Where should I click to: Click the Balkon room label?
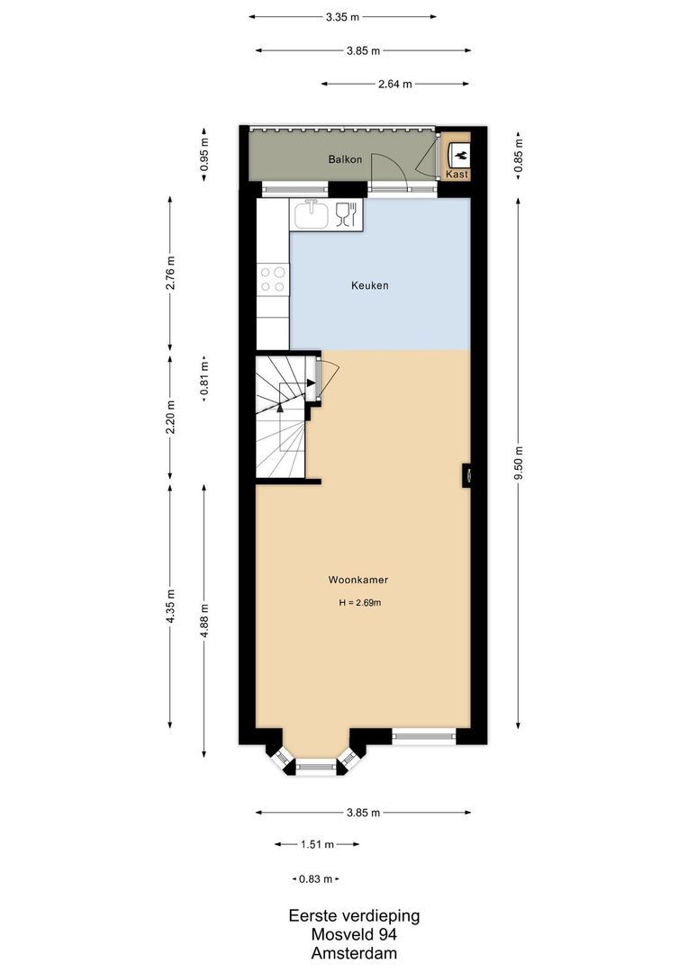[x=346, y=159]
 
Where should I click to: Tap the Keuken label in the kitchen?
[x=369, y=285]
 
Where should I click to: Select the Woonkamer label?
[x=358, y=580]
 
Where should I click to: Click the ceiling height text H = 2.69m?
[x=359, y=603]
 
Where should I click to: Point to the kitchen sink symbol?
[x=311, y=214]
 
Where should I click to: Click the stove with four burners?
[x=273, y=279]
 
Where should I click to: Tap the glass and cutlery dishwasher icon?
[x=346, y=214]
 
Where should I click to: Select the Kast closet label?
[x=457, y=175]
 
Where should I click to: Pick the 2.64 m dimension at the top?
[x=394, y=84]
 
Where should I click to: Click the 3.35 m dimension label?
[x=343, y=16]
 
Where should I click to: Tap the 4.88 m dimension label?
[x=204, y=621]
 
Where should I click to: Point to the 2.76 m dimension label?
[x=170, y=274]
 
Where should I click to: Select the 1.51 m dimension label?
[x=317, y=844]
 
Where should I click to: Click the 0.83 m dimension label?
[x=315, y=878]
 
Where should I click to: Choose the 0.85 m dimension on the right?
[x=519, y=154]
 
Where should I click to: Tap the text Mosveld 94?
[x=354, y=935]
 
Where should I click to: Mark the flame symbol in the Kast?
[x=457, y=153]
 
